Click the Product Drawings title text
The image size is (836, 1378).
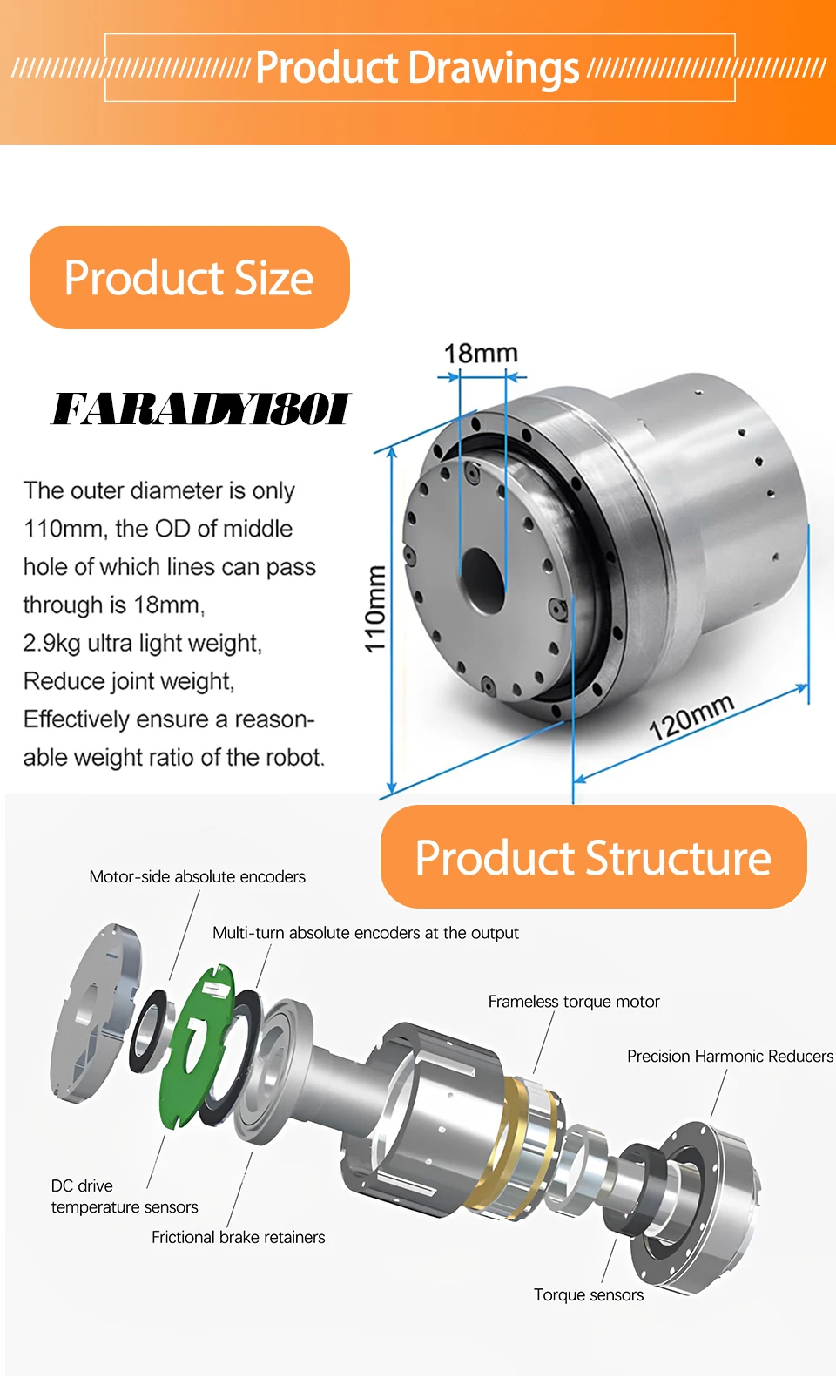tap(417, 68)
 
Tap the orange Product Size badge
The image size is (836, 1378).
tap(189, 278)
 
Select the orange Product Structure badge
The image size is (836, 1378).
tap(593, 857)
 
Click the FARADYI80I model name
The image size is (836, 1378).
tap(200, 409)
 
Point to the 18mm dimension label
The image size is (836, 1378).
tap(481, 354)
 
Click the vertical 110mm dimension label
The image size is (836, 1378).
tap(374, 609)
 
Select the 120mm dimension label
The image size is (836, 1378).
tap(691, 717)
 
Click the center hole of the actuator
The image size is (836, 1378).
tap(482, 579)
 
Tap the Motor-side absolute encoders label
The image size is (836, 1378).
tap(197, 877)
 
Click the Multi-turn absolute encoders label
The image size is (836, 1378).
tap(365, 933)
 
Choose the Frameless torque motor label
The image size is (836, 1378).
tap(573, 1002)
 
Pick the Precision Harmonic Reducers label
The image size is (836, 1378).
tap(730, 1057)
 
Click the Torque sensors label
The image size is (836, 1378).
tap(589, 1295)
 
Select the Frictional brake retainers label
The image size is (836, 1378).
tap(238, 1238)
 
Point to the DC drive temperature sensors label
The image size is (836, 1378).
tap(124, 1197)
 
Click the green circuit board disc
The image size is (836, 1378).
tap(196, 1045)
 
